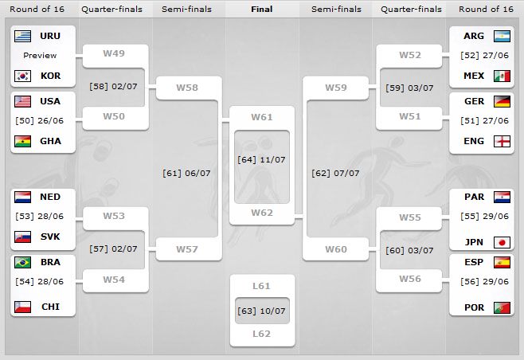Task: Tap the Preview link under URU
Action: (x=40, y=55)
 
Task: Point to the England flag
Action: (x=502, y=141)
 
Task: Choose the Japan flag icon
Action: (x=502, y=243)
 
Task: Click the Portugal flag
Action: (x=502, y=307)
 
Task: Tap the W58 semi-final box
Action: (x=188, y=86)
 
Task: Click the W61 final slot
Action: (x=262, y=117)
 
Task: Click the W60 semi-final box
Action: (x=336, y=249)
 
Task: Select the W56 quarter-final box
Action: (x=410, y=279)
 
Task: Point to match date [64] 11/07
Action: (x=262, y=159)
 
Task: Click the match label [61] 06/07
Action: (x=186, y=172)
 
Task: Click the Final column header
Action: (x=262, y=10)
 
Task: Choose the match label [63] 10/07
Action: (x=262, y=311)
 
